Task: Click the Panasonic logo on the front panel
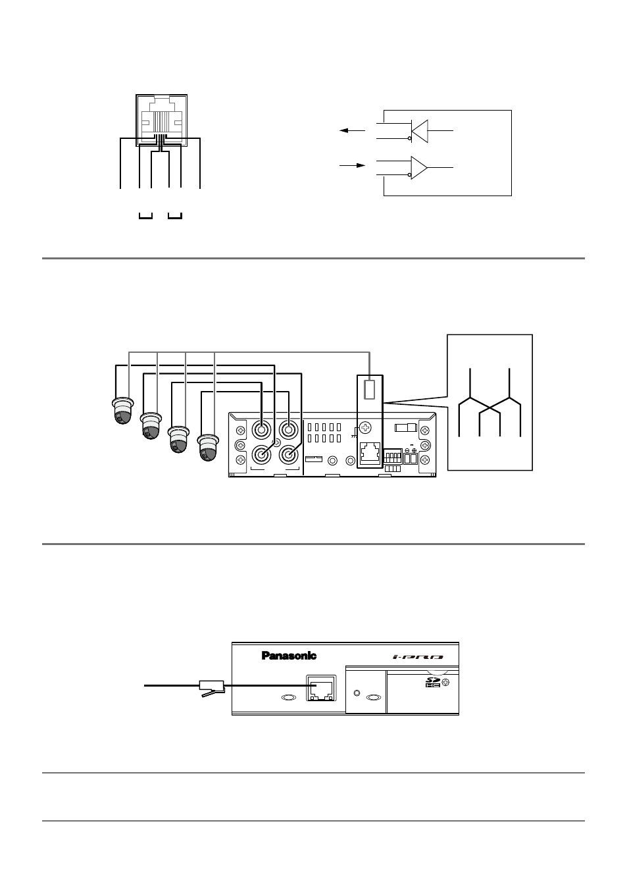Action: click(289, 656)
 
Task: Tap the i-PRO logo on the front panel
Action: click(418, 657)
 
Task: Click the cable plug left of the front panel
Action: click(212, 688)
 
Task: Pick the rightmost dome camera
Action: click(208, 447)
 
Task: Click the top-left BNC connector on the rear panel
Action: click(262, 430)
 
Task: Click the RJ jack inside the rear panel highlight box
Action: click(370, 454)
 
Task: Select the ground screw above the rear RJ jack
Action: click(365, 428)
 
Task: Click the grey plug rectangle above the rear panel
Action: click(370, 390)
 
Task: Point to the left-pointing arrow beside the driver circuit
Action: click(352, 130)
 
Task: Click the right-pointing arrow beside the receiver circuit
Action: click(352, 165)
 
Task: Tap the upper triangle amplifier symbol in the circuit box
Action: click(420, 131)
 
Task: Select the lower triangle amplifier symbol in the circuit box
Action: click(419, 167)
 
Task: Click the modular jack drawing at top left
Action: click(161, 120)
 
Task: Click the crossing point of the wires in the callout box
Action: click(490, 407)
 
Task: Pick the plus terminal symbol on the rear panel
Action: click(414, 450)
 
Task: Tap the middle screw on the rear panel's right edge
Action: click(425, 445)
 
